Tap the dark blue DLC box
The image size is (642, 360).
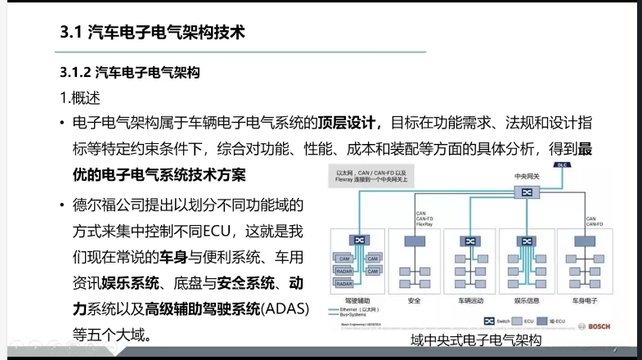(x=561, y=164)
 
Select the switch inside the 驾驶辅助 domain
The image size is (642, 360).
(x=357, y=240)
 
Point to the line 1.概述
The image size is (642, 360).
(x=80, y=97)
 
